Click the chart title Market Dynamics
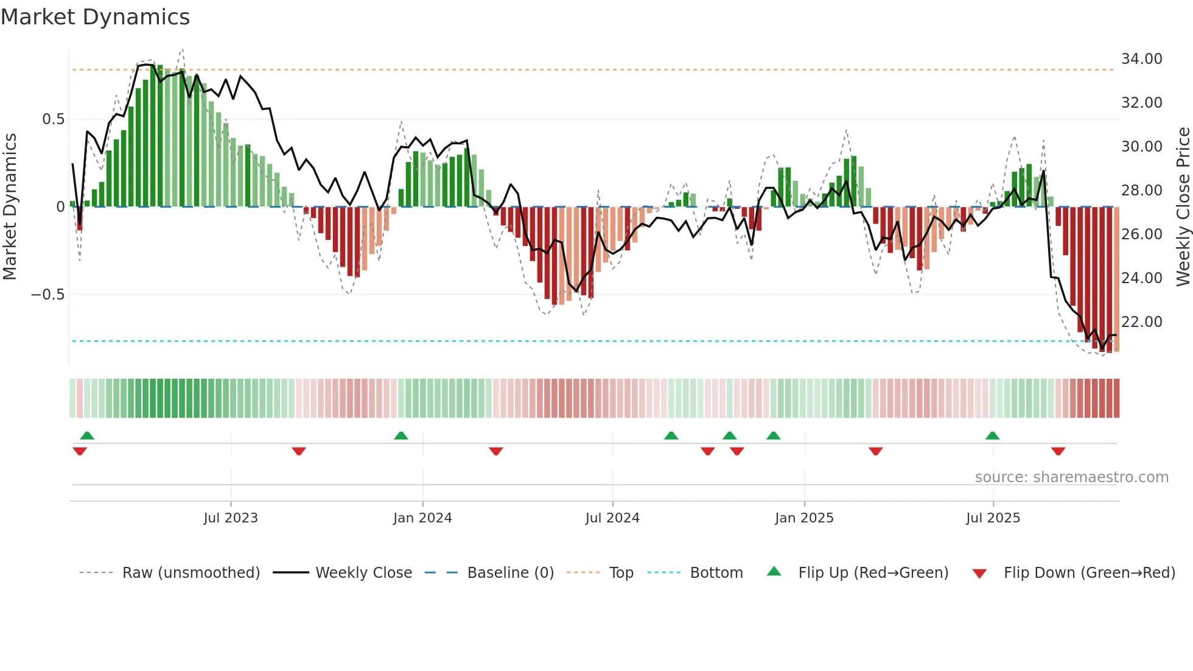(95, 17)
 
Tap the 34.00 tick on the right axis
(1141, 59)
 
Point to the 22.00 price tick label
(1141, 322)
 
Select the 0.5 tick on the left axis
(53, 119)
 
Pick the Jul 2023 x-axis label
(231, 518)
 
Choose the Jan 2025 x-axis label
(804, 518)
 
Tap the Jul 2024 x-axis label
(612, 518)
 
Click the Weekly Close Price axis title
(1183, 207)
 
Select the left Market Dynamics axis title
(10, 207)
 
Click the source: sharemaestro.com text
(1071, 477)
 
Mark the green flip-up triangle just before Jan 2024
(401, 436)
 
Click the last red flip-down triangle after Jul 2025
(1058, 451)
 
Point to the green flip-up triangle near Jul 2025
(992, 436)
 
